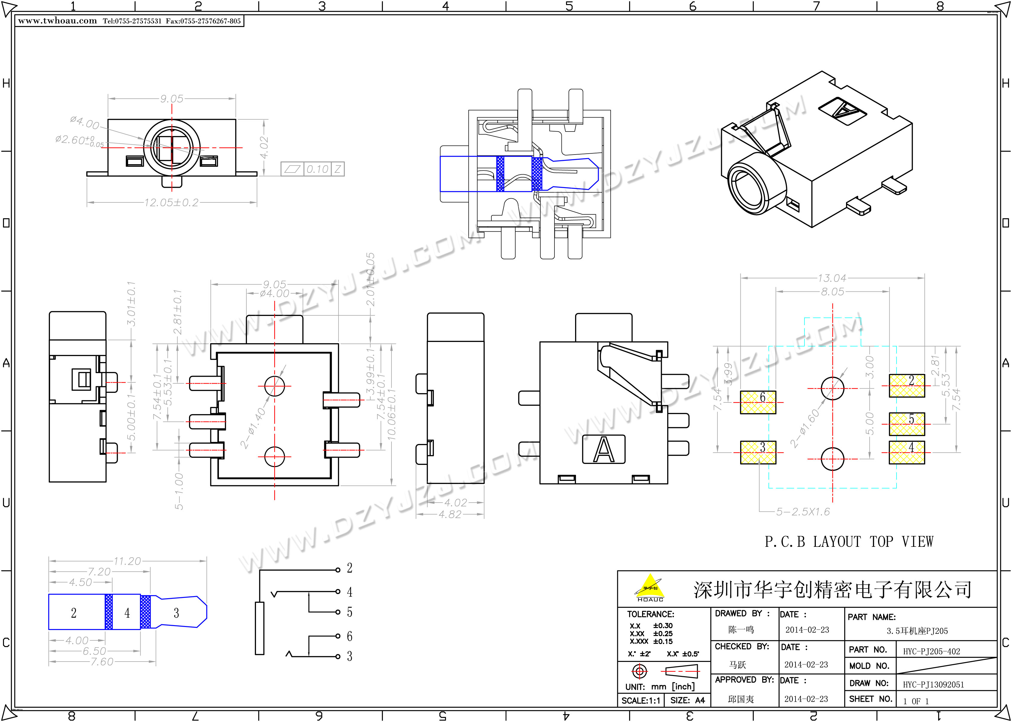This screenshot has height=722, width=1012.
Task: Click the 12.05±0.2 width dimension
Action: point(171,203)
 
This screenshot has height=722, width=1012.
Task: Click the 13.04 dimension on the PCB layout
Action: point(832,278)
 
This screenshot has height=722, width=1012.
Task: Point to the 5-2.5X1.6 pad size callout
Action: point(803,512)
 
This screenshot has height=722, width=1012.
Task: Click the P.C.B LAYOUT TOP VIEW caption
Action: point(849,541)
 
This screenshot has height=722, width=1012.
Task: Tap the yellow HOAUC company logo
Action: point(650,587)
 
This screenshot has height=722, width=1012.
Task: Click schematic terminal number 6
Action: point(350,636)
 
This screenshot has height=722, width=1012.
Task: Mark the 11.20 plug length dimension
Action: point(127,561)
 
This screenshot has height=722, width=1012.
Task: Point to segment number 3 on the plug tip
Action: point(176,613)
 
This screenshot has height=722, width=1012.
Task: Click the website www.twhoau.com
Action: point(57,21)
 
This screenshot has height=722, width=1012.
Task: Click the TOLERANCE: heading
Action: point(650,614)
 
